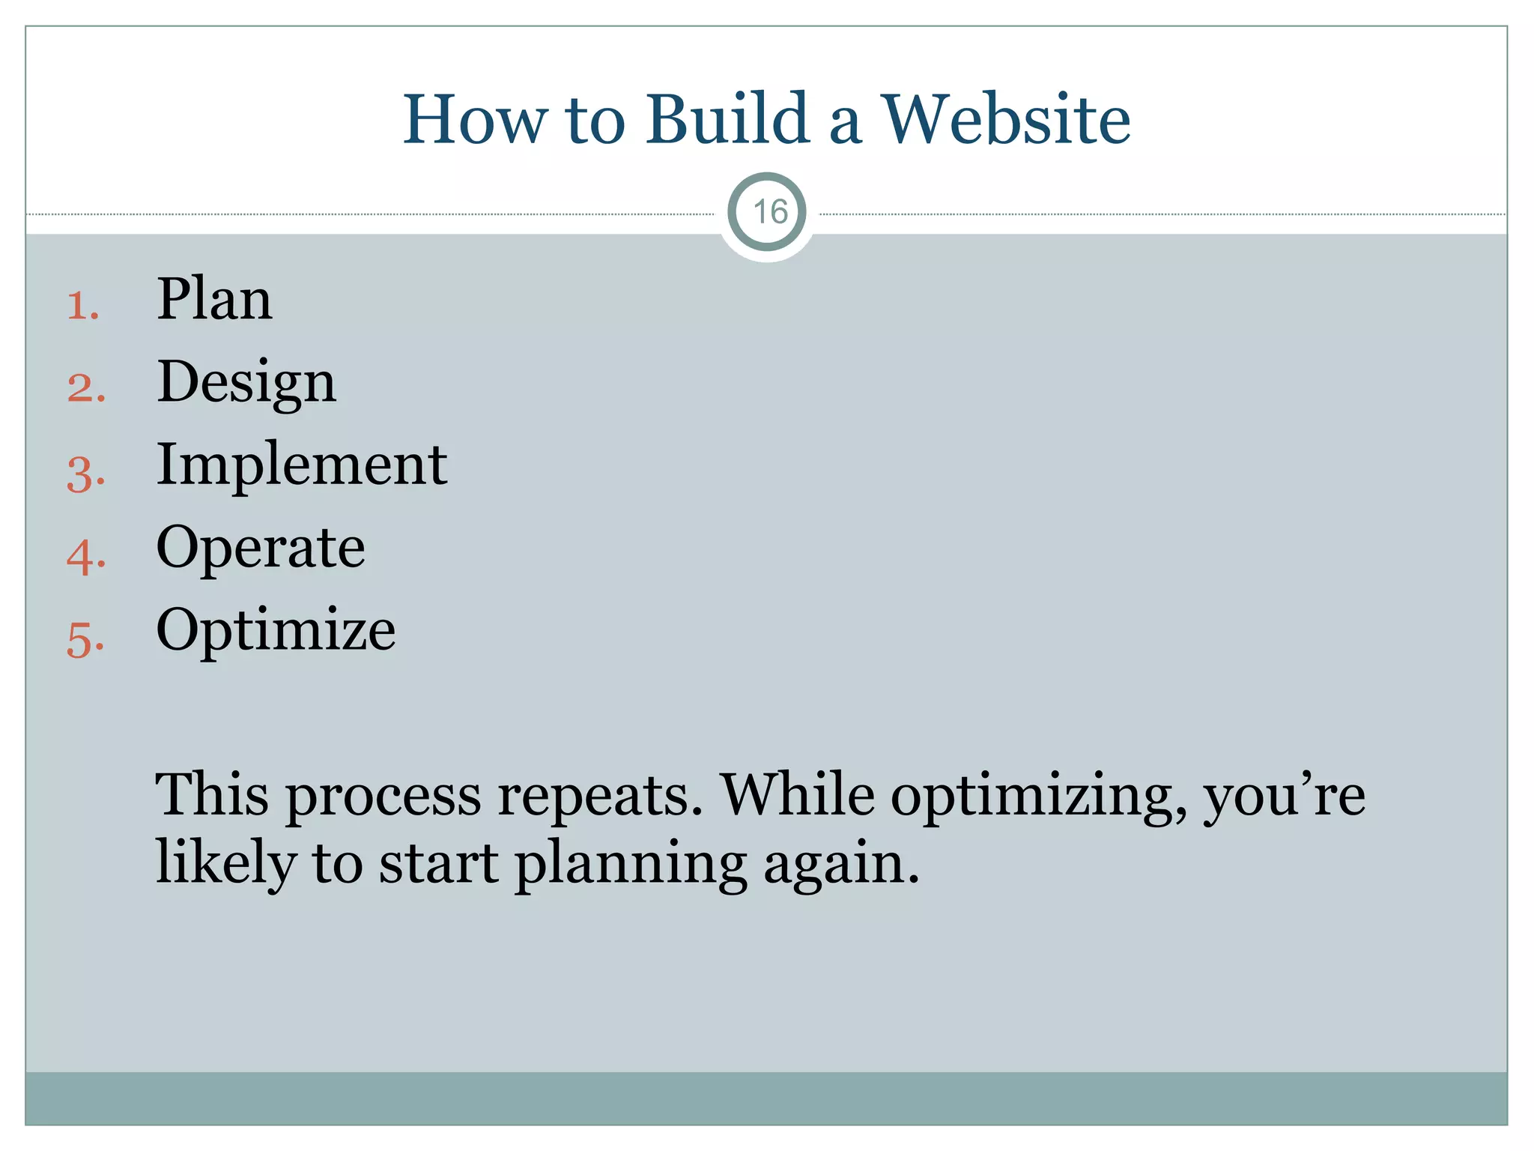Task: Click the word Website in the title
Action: click(1006, 119)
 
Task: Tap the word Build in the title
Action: click(727, 119)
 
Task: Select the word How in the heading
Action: click(475, 119)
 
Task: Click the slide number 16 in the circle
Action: click(769, 212)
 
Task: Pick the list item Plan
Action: click(213, 299)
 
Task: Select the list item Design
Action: click(246, 383)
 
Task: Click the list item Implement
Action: click(301, 465)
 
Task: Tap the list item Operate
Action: click(260, 548)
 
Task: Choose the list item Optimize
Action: click(275, 631)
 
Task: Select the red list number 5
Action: click(85, 641)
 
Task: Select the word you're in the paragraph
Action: click(1284, 796)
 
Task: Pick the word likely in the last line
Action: click(225, 863)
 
